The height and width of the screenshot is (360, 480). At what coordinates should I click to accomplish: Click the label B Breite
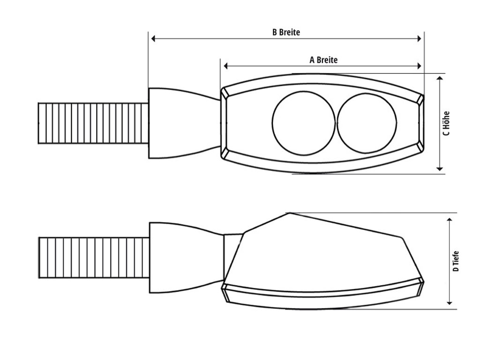(286, 32)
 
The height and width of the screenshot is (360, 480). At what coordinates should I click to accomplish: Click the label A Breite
(323, 60)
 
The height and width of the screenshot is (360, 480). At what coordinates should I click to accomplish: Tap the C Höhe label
(446, 123)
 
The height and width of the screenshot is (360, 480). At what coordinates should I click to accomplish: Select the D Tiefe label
(456, 261)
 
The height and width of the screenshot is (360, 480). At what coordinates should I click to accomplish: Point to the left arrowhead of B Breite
(153, 38)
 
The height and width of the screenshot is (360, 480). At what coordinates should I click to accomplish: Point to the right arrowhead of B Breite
(419, 38)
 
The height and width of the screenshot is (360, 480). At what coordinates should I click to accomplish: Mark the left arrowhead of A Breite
(226, 66)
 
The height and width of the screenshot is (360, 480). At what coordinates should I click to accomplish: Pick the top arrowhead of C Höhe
(440, 78)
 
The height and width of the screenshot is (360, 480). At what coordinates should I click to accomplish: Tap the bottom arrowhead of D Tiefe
(450, 303)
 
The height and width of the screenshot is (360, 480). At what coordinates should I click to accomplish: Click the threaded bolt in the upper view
(93, 123)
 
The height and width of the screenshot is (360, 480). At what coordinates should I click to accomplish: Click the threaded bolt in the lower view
(94, 258)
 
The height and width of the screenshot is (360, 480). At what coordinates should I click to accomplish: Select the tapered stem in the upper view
(184, 123)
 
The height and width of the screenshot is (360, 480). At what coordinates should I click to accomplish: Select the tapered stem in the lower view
(186, 258)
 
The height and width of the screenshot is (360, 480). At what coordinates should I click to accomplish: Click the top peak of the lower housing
(289, 213)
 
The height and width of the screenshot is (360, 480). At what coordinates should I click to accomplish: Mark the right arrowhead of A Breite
(419, 66)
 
